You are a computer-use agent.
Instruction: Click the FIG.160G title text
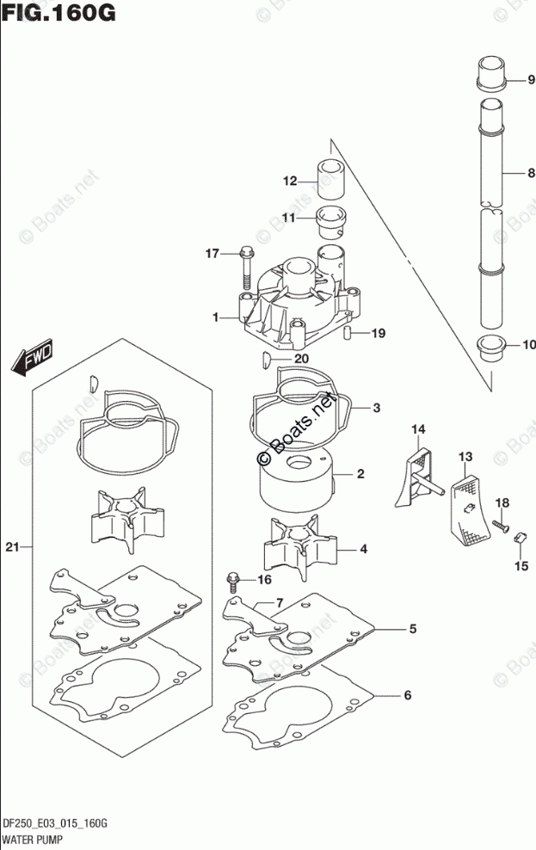tap(58, 15)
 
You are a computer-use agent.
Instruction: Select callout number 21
tap(11, 546)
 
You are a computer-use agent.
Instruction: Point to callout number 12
tap(290, 181)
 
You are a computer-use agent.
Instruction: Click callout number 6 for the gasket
tap(408, 695)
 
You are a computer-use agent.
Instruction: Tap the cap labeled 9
tap(489, 72)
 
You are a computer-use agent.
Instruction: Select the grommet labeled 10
tap(490, 351)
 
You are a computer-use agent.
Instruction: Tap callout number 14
tap(418, 428)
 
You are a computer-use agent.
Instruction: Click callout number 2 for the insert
tap(360, 474)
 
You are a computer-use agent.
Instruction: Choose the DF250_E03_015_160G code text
tap(54, 823)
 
